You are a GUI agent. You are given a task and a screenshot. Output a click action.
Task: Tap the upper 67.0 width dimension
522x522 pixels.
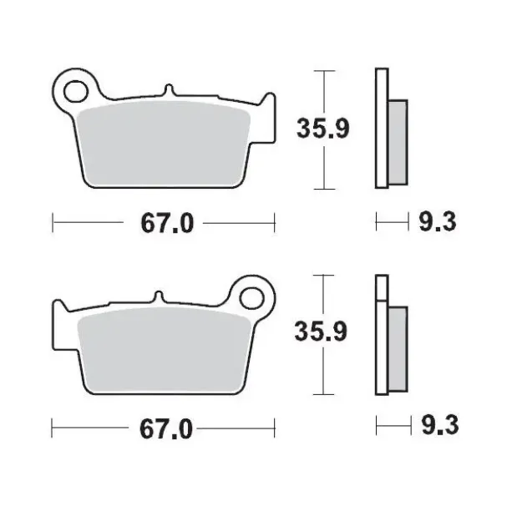[164, 223]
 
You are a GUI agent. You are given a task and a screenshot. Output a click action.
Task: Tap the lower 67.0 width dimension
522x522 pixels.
[164, 429]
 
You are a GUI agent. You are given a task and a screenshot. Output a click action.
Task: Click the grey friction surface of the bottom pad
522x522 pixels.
[163, 347]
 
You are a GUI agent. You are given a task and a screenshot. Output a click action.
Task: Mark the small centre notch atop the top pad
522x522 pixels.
[170, 90]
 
